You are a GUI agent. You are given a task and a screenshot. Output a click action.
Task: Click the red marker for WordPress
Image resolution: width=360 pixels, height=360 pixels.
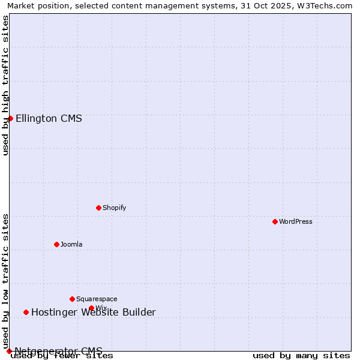275,221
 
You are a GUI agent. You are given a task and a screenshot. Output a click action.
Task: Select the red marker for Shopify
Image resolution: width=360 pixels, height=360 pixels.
98,208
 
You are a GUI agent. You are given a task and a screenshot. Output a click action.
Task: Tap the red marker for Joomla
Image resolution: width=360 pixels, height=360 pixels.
56,244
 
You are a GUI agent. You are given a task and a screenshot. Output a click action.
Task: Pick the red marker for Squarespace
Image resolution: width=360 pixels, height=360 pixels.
72,299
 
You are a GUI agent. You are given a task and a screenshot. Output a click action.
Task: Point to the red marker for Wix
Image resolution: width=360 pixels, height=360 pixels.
91,308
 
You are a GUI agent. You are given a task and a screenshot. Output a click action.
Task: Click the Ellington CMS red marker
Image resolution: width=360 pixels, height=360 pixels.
10,118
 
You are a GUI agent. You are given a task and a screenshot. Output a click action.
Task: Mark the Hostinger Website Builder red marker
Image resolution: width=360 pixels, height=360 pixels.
26,312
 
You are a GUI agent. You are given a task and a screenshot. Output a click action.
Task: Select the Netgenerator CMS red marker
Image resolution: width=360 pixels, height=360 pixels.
9,351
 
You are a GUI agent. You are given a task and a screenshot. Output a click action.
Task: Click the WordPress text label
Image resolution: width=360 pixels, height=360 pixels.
295,221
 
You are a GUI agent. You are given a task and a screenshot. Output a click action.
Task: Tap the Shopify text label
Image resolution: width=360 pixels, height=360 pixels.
114,208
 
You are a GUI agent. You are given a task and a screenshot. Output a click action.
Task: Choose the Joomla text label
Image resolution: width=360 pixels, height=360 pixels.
71,244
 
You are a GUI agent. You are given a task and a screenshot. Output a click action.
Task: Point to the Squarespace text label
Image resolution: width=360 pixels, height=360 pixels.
97,299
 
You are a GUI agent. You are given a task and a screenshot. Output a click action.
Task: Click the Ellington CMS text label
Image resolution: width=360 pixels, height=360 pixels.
49,118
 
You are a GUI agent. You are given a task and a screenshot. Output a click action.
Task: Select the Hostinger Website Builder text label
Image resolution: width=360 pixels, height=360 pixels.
93,312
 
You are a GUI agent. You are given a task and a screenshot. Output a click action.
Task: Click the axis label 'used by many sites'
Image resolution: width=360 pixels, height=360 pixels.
301,356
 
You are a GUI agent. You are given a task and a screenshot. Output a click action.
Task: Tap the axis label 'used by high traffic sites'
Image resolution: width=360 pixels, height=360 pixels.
5,85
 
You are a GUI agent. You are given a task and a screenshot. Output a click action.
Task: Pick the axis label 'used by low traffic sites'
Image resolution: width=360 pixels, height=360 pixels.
5,281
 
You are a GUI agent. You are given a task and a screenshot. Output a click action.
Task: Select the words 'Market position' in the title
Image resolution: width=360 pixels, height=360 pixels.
34,5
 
